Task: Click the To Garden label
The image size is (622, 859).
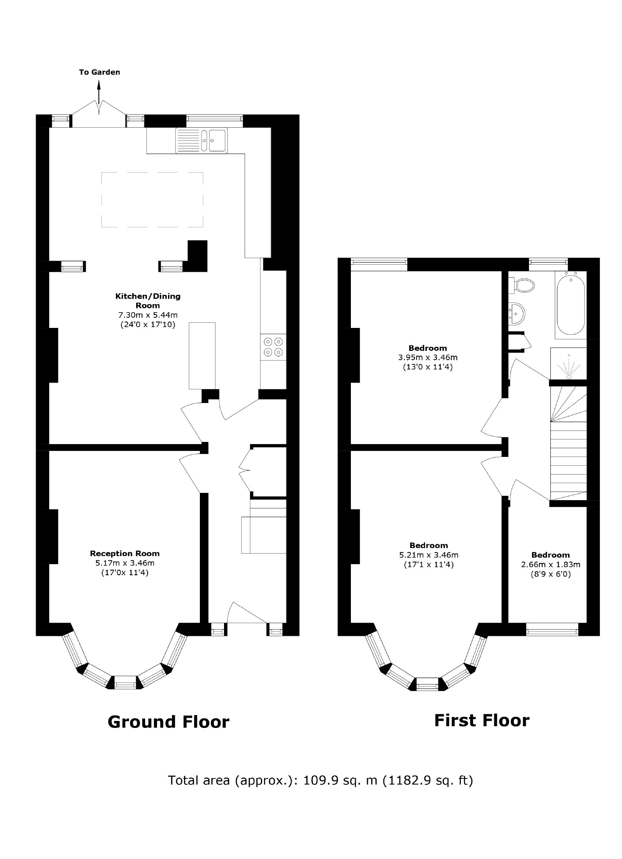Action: (99, 72)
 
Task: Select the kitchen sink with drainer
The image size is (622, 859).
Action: (202, 140)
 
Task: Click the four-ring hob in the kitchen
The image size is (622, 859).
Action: (273, 347)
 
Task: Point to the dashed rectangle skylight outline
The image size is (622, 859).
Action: (152, 200)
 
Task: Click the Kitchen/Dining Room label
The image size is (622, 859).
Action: (148, 300)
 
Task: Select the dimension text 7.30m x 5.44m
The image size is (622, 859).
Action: (148, 315)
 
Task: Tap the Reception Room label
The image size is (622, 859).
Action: (125, 553)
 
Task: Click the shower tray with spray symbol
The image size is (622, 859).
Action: (568, 363)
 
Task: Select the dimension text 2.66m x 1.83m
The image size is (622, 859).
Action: (550, 565)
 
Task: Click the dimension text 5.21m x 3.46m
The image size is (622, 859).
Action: (429, 555)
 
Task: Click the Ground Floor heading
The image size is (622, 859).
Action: (168, 722)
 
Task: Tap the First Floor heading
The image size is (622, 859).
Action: (482, 720)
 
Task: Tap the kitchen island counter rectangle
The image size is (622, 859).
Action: (202, 355)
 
